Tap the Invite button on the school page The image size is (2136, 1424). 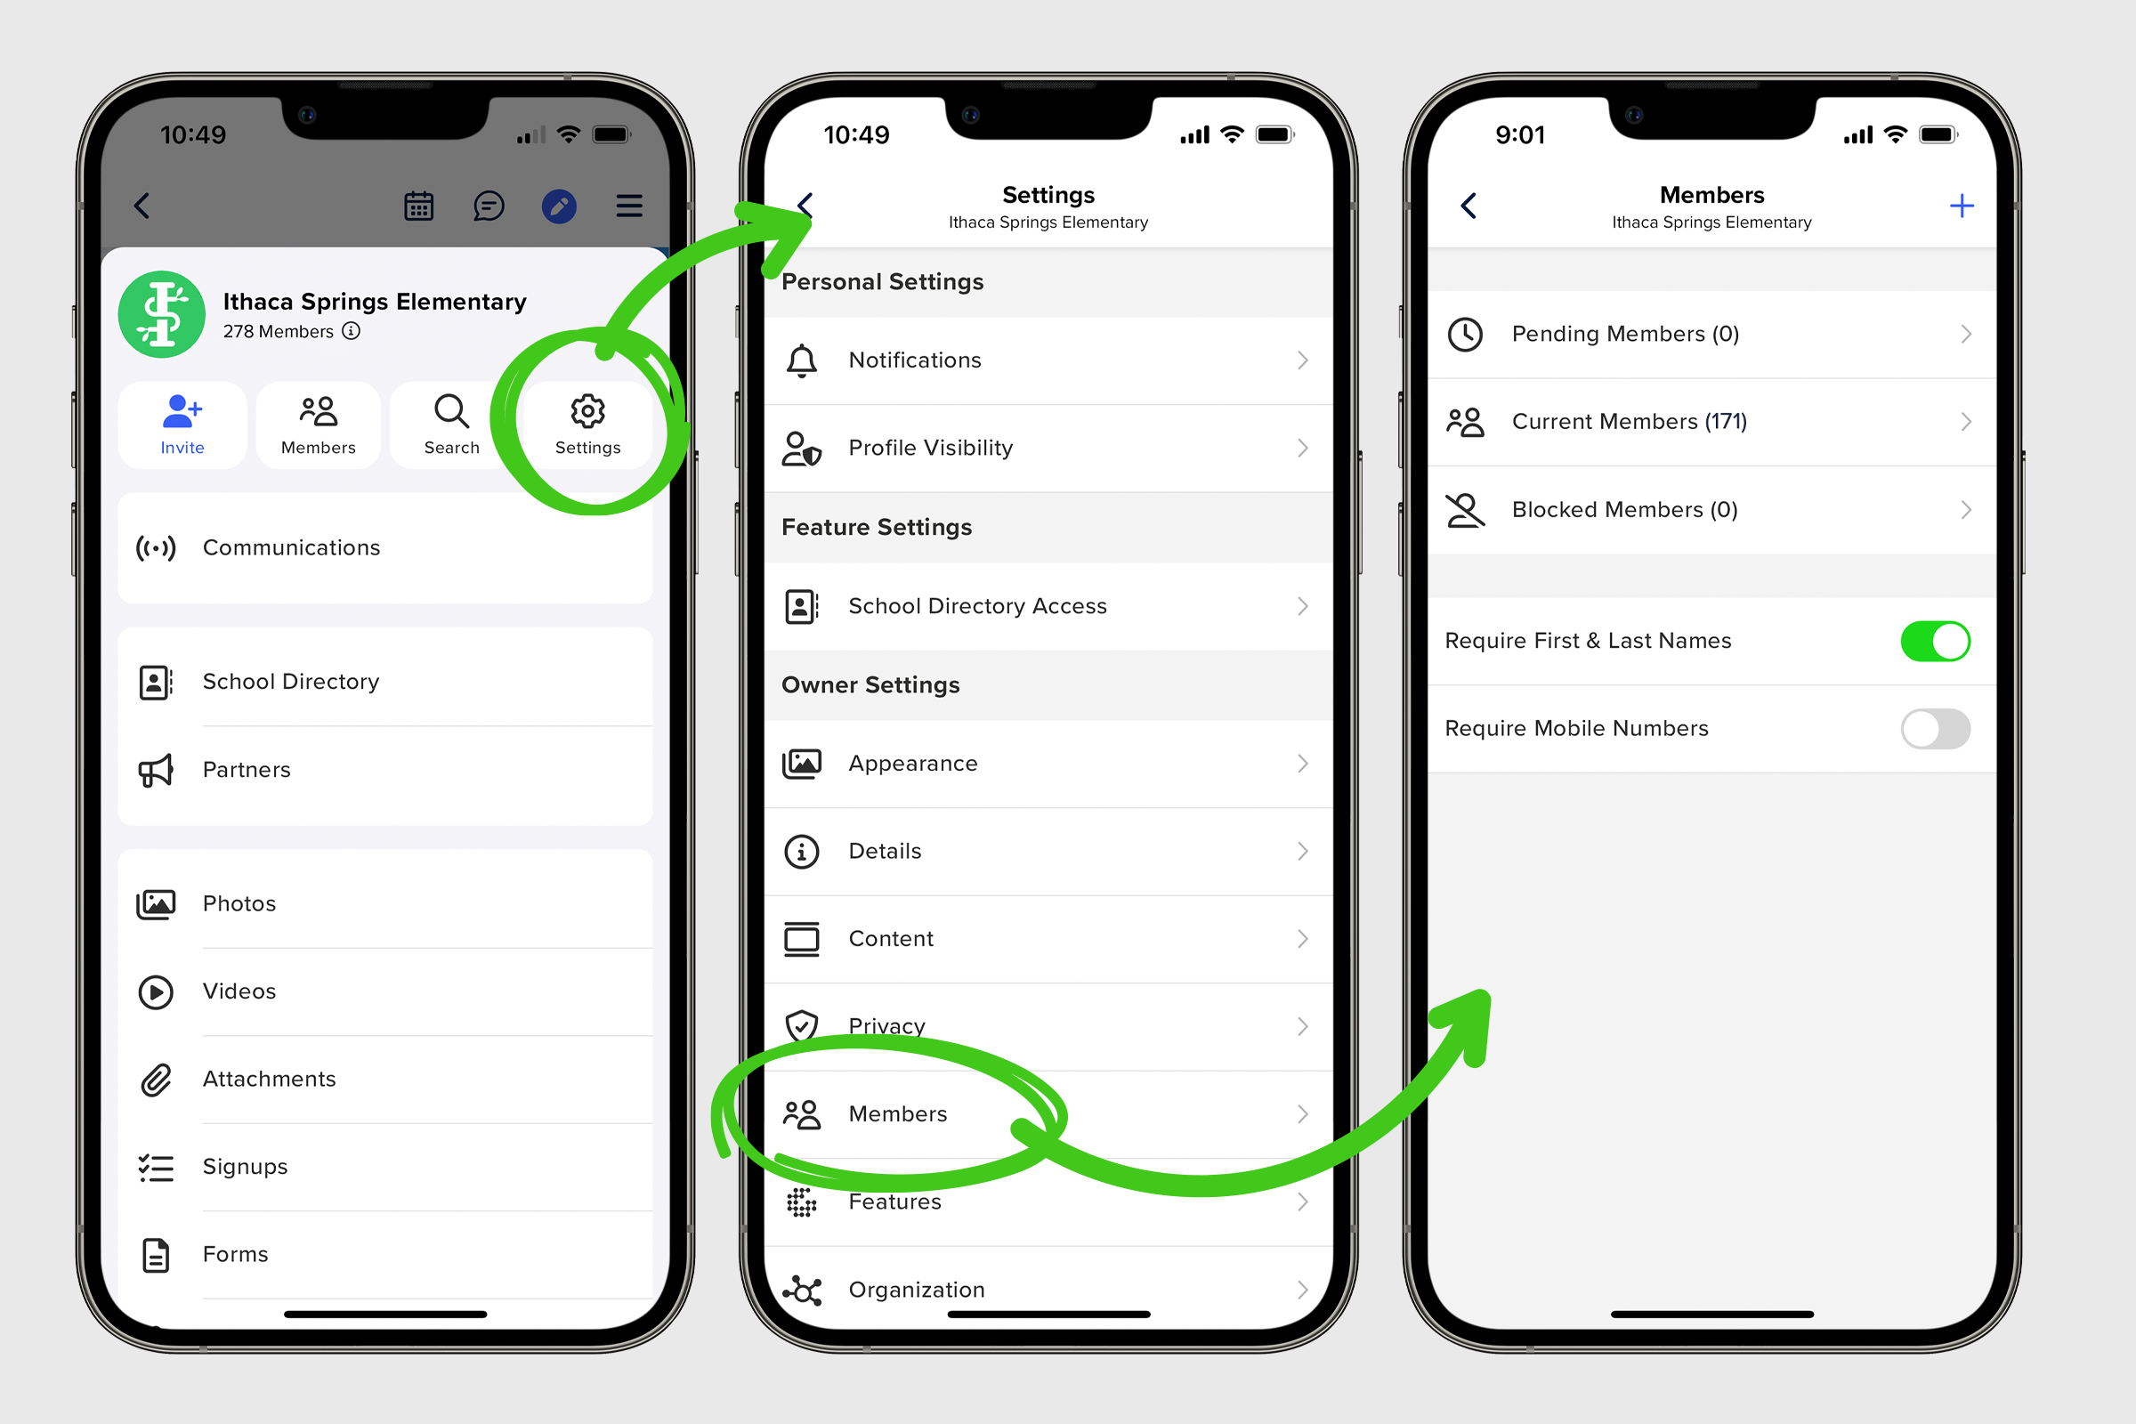(x=182, y=425)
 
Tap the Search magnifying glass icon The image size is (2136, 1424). (x=451, y=411)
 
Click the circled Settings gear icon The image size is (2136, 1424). (x=587, y=411)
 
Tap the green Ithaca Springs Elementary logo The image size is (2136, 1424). (x=162, y=314)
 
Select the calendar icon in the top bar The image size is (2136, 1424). (x=418, y=206)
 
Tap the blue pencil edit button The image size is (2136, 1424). (x=560, y=206)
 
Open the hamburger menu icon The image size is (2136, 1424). (x=629, y=206)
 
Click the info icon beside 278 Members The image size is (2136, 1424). (x=352, y=331)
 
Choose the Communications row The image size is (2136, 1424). (x=385, y=547)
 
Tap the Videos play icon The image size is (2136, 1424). (x=157, y=991)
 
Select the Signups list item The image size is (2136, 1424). (x=385, y=1167)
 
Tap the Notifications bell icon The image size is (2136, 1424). (x=802, y=360)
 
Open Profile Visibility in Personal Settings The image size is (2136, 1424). (x=1049, y=449)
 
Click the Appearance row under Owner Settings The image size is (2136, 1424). (x=1049, y=764)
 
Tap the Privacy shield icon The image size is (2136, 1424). (x=802, y=1026)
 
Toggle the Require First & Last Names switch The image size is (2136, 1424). (x=1935, y=641)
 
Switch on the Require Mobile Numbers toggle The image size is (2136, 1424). (x=1935, y=728)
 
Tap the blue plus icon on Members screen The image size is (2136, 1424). (x=1962, y=206)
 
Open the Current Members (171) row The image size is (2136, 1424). (x=1711, y=422)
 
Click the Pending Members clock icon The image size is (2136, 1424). (x=1466, y=335)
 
